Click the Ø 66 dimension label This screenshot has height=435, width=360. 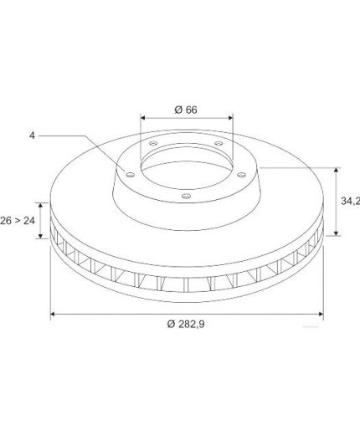click(x=186, y=110)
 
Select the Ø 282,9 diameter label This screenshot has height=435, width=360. click(x=186, y=324)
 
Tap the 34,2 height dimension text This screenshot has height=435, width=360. click(x=351, y=201)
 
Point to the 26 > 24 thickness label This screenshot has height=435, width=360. click(x=18, y=221)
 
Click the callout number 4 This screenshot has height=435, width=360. click(x=33, y=136)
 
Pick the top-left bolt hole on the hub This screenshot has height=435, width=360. click(x=153, y=143)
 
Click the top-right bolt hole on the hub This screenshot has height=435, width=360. click(x=219, y=143)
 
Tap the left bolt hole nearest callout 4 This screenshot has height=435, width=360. click(x=131, y=175)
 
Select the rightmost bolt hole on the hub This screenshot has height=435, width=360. click(x=242, y=175)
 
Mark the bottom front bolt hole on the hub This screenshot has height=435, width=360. click(x=186, y=196)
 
